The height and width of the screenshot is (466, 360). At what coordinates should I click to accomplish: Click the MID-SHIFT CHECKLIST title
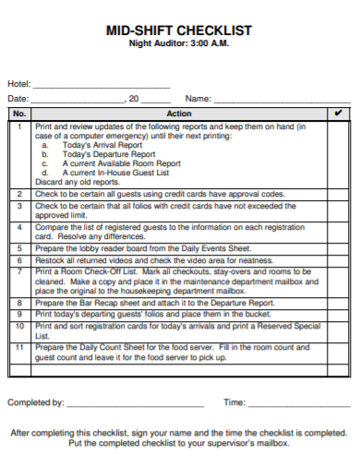[179, 30]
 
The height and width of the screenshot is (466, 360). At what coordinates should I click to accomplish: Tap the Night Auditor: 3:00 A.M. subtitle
[179, 44]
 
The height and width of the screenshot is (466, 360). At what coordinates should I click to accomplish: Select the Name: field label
[198, 99]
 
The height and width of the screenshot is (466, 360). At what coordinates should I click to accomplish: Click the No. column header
[19, 114]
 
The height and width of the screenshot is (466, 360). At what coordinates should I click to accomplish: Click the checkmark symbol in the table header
[338, 114]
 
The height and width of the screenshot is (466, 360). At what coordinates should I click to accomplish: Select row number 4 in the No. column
[19, 226]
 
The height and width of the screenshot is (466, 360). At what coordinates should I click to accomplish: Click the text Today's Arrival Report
[102, 145]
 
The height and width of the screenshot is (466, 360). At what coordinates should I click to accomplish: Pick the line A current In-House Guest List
[115, 172]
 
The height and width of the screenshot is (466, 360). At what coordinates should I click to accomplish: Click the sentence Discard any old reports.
[77, 181]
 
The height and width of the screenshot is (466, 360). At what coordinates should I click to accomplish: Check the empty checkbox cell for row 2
[338, 195]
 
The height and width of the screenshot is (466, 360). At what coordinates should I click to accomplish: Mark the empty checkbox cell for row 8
[338, 302]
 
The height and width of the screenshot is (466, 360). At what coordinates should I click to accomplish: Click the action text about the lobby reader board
[143, 248]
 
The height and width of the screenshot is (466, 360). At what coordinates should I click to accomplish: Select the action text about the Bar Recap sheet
[155, 302]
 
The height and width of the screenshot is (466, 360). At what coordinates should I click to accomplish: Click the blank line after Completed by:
[136, 403]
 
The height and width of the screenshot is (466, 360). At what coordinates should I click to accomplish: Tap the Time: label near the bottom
[234, 403]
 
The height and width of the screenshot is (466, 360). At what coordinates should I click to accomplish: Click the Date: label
[18, 99]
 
